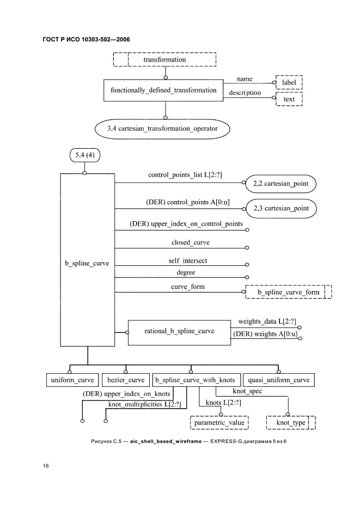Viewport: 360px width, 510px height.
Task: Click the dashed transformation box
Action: [x=164, y=59]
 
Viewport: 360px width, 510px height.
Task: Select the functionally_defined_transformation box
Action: [x=163, y=90]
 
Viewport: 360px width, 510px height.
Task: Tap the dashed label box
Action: [x=289, y=82]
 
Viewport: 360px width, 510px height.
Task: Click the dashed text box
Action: [x=289, y=100]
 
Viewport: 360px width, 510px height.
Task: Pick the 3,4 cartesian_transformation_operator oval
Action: [x=162, y=129]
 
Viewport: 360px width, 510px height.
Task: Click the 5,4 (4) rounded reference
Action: [x=84, y=156]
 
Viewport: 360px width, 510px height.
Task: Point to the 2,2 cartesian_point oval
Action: [x=280, y=184]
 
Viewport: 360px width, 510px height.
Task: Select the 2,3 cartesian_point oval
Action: [x=280, y=208]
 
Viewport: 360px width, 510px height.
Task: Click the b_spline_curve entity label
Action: [x=87, y=263]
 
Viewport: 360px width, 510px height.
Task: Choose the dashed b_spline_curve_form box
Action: [x=288, y=293]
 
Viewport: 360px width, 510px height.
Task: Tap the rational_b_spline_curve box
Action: [x=179, y=331]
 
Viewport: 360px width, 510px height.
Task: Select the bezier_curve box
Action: [x=126, y=380]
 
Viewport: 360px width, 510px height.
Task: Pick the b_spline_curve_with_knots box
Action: [x=194, y=380]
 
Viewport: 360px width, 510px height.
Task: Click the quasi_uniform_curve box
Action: [x=278, y=380]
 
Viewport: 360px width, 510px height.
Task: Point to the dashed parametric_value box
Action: [x=219, y=422]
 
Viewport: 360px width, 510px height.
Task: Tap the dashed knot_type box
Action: [x=291, y=422]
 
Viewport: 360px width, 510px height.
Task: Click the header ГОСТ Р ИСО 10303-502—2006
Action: [x=86, y=39]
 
